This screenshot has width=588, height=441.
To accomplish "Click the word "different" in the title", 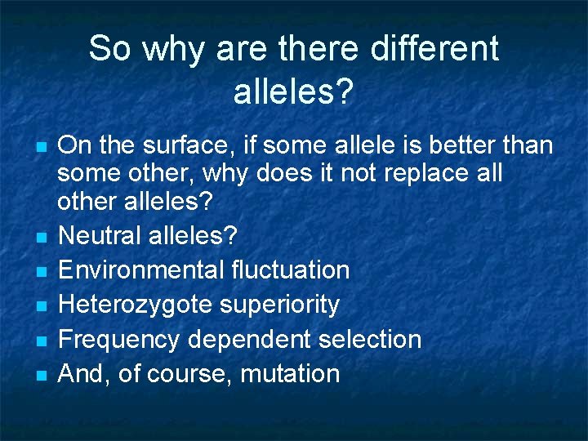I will [x=434, y=48].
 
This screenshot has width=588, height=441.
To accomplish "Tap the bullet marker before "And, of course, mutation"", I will [x=41, y=376].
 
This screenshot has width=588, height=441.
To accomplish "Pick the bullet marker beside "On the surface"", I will [x=41, y=148].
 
